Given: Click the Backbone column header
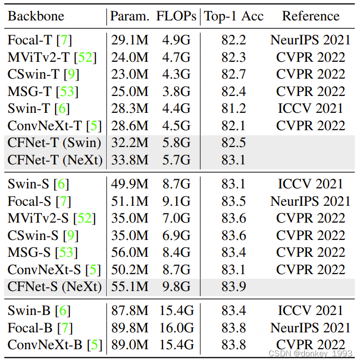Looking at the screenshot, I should click(x=36, y=16).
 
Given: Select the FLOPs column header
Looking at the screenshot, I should click(x=176, y=16).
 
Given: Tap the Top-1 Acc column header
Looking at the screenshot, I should click(x=234, y=16).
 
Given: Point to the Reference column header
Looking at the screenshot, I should click(x=310, y=16).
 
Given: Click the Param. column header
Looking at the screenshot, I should click(x=130, y=16).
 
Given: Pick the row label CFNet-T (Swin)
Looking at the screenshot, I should click(x=54, y=143).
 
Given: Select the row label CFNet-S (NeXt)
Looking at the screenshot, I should click(x=54, y=287).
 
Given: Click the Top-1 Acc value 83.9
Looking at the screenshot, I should click(x=233, y=287).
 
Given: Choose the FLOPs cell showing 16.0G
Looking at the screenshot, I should click(x=176, y=328).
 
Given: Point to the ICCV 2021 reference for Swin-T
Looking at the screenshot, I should click(x=310, y=108).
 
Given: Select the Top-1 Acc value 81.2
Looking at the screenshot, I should click(x=233, y=108).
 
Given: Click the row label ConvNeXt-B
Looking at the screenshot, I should click(x=45, y=345).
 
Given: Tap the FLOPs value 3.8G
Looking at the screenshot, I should click(x=176, y=91).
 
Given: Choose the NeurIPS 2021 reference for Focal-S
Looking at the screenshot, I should click(x=310, y=201).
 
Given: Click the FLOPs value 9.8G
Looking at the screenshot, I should click(x=176, y=287).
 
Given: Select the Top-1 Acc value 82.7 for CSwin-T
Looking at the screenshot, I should click(x=233, y=74).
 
